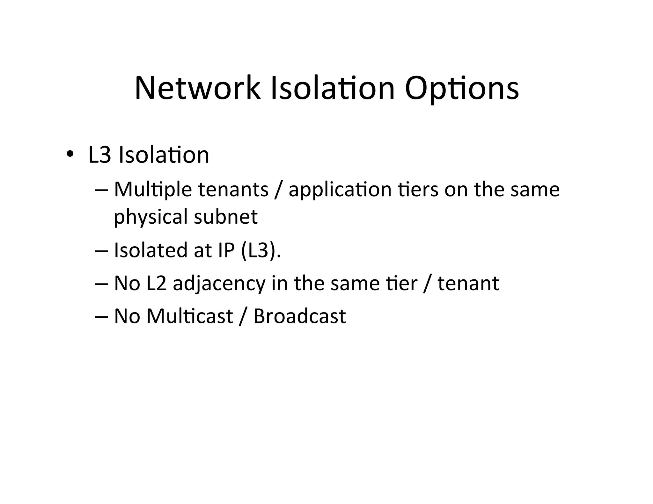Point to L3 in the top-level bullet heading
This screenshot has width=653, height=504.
tap(99, 155)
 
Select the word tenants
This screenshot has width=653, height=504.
tap(233, 190)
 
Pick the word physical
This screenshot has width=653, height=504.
tap(150, 217)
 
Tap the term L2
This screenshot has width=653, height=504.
tap(157, 283)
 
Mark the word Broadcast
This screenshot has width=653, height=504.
tap(299, 316)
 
